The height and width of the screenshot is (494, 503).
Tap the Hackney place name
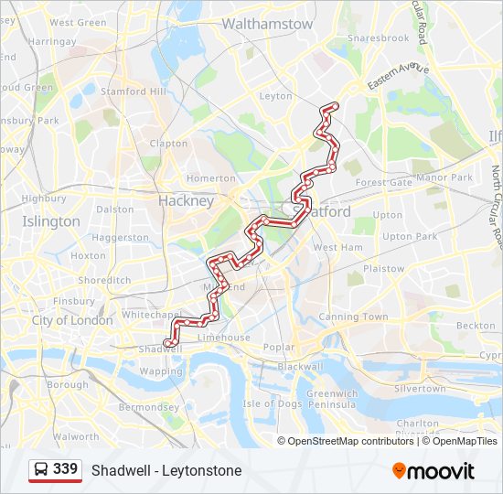click(186, 200)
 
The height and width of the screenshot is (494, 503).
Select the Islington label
click(51, 221)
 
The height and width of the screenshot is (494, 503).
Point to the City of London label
click(72, 320)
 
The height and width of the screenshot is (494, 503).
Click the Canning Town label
click(353, 317)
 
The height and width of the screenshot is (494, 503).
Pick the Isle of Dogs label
click(272, 403)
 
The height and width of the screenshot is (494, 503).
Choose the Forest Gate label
click(383, 182)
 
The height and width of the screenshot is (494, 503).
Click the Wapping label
click(161, 372)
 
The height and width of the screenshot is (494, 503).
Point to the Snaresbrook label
click(378, 38)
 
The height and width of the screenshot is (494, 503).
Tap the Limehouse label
click(223, 338)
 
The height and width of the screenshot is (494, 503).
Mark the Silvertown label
click(420, 389)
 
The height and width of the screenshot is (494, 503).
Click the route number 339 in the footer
click(65, 469)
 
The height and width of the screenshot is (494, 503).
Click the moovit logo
click(433, 471)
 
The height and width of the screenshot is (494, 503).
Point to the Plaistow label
click(384, 269)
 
